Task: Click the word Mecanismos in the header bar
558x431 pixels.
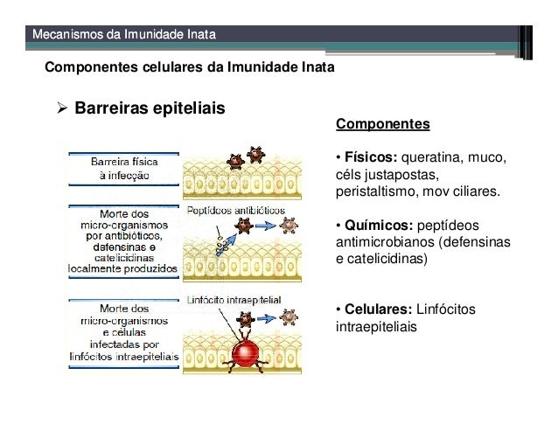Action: coord(65,35)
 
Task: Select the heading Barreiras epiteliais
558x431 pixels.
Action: coord(150,110)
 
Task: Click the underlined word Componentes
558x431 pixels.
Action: coord(382,124)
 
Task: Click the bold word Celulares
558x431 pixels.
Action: coord(376,310)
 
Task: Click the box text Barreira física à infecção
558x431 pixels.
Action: coord(123,168)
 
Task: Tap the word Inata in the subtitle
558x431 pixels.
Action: coord(313,67)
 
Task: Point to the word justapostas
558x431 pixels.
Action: coord(407,175)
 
